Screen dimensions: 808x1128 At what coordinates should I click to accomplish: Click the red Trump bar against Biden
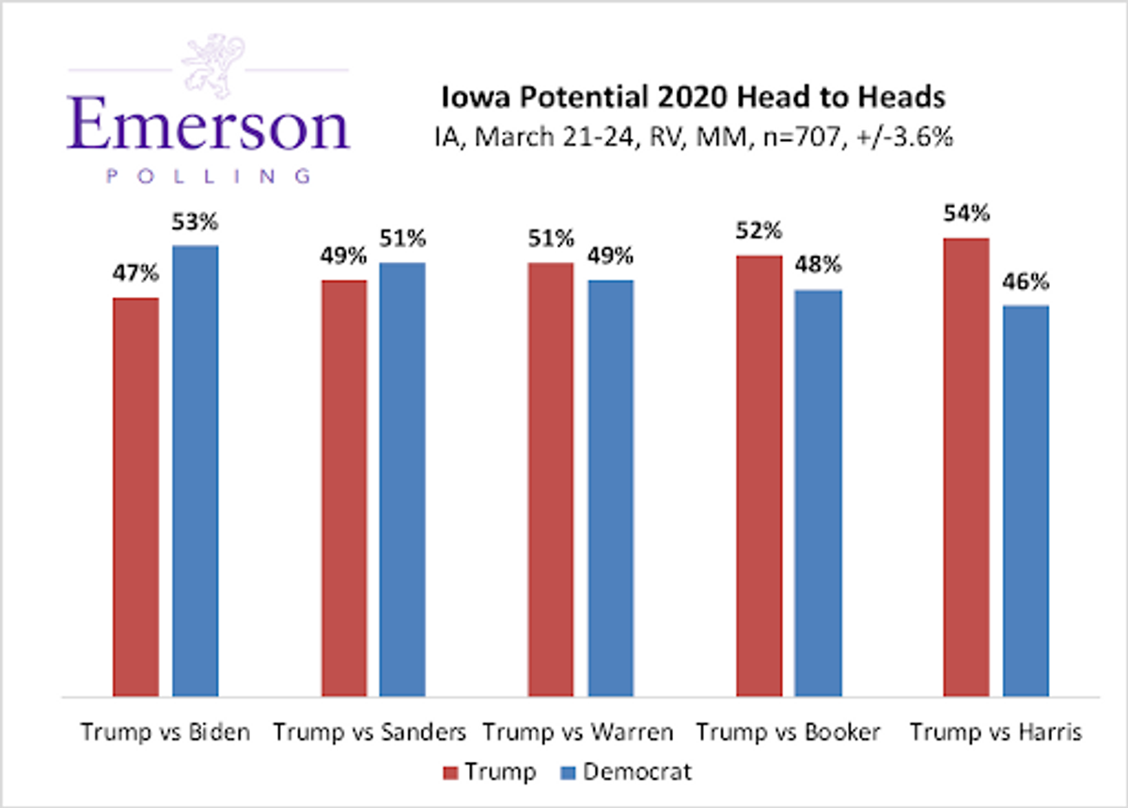click(x=136, y=497)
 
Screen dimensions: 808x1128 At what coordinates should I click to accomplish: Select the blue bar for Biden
click(x=196, y=471)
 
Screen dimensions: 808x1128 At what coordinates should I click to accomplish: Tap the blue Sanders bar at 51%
click(x=402, y=479)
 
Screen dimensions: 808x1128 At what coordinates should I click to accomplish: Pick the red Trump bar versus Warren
click(x=551, y=479)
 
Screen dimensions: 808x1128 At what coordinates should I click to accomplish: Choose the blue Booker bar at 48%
click(x=818, y=493)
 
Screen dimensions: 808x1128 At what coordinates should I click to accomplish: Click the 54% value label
click(x=966, y=213)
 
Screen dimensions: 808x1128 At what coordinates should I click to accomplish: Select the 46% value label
click(x=1026, y=282)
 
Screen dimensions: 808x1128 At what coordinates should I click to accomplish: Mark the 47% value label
click(x=136, y=274)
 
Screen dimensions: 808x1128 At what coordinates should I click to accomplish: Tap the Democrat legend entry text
click(x=637, y=772)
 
